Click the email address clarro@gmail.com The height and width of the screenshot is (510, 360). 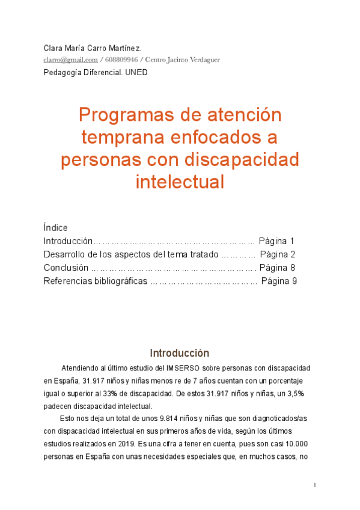point(70,60)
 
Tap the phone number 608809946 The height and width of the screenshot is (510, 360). point(123,60)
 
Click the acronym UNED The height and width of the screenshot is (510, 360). point(136,72)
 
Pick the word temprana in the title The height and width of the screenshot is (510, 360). point(121,137)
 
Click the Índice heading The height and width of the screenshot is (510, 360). point(56,228)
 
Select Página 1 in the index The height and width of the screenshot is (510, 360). point(276,241)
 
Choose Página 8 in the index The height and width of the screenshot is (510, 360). point(278,268)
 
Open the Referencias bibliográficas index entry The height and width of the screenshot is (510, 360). point(96,281)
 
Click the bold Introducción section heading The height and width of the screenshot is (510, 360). point(180,353)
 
